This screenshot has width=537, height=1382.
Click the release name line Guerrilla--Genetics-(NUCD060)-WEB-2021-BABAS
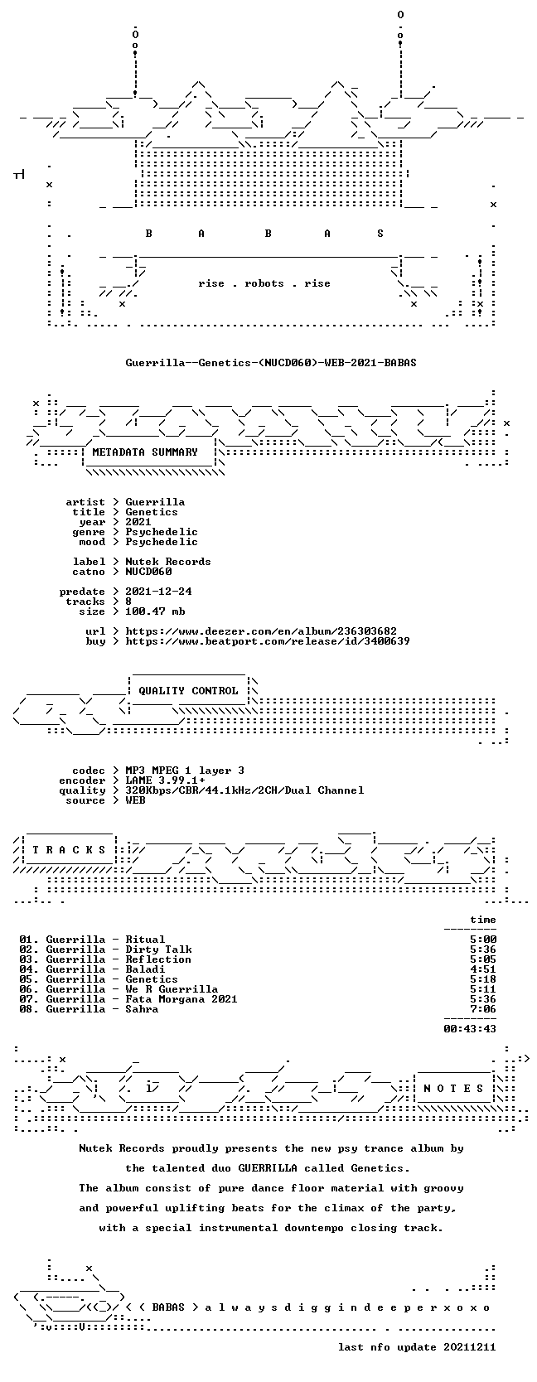tap(271, 363)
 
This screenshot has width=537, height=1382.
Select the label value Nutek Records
tap(168, 562)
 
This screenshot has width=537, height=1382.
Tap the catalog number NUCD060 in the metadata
tap(149, 572)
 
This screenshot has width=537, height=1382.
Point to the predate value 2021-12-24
tap(158, 591)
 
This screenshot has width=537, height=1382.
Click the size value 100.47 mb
tap(155, 611)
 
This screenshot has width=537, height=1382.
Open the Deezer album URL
tap(261, 631)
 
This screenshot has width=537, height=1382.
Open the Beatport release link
tap(268, 641)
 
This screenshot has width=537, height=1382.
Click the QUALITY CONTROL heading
tap(188, 691)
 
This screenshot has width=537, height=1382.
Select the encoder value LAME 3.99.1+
tap(166, 780)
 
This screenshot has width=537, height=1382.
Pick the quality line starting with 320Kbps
tap(244, 790)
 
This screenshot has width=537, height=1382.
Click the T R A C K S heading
tap(69, 849)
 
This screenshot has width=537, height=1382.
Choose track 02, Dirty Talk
tap(105, 950)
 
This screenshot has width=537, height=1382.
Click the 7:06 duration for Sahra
tap(483, 1008)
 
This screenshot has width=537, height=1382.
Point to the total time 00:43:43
tap(470, 1028)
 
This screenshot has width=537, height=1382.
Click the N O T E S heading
tap(453, 1089)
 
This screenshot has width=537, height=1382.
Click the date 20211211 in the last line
tap(470, 1347)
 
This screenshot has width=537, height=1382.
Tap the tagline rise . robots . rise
tap(264, 283)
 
